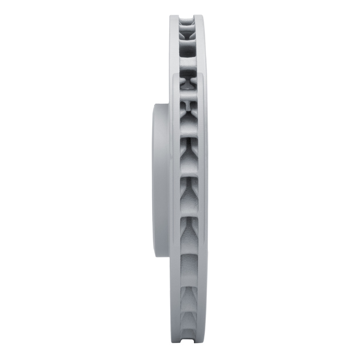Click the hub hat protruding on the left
click(x=161, y=180)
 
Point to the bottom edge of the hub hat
click(x=162, y=256)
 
